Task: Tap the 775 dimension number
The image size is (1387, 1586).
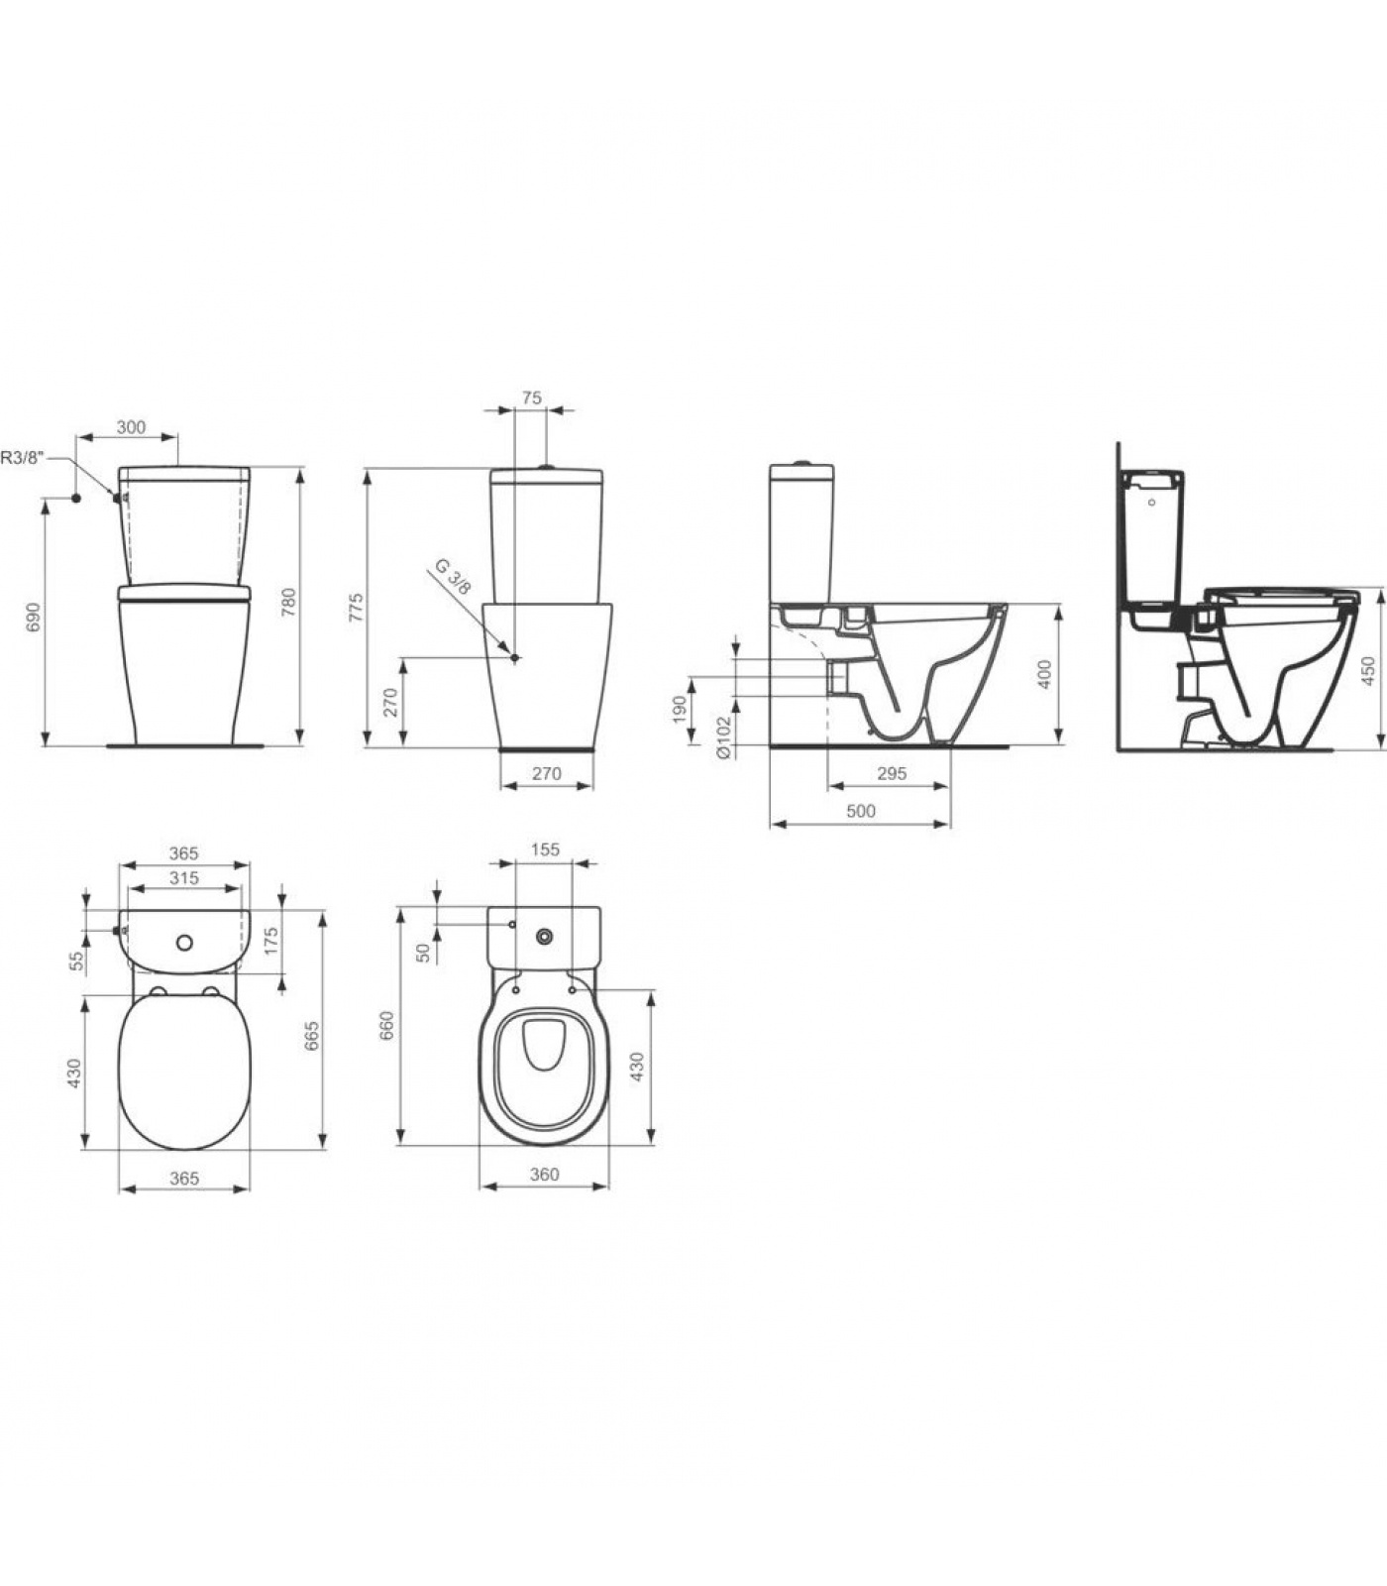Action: pos(357,607)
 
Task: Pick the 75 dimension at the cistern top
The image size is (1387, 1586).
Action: pos(531,397)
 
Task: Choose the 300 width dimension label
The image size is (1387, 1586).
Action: pos(131,427)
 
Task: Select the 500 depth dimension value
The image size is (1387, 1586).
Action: pos(861,811)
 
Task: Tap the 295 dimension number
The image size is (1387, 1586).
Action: pos(892,773)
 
